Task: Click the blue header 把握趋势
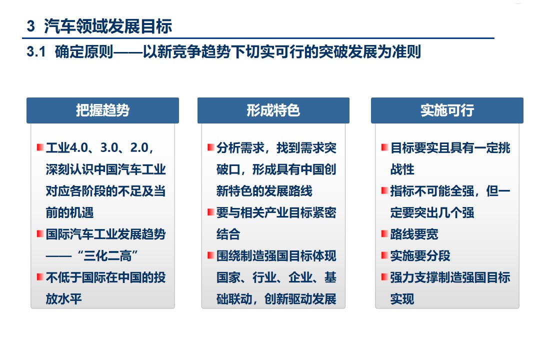coord(103,110)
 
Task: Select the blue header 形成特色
coord(273,110)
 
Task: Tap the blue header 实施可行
coord(447,110)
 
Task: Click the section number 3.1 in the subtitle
coord(36,51)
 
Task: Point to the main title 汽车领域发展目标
coord(108,26)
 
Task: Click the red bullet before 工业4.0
coord(40,147)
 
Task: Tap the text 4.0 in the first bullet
coord(79,148)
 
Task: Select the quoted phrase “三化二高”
coord(107,256)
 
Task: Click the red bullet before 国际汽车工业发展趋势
coord(40,234)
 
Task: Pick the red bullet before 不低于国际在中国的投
coord(40,277)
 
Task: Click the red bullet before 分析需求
coord(210,147)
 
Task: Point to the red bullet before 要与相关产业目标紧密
coord(210,212)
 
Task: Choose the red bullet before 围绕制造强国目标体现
coord(210,255)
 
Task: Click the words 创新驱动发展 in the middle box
coord(300,299)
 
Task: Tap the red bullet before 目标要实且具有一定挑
coord(385,147)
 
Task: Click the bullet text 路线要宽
coord(414,234)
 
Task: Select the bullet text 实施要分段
coord(420,256)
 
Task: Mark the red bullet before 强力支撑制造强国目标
coord(385,277)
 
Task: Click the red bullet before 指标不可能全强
coord(385,190)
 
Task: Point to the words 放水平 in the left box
coord(63,299)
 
